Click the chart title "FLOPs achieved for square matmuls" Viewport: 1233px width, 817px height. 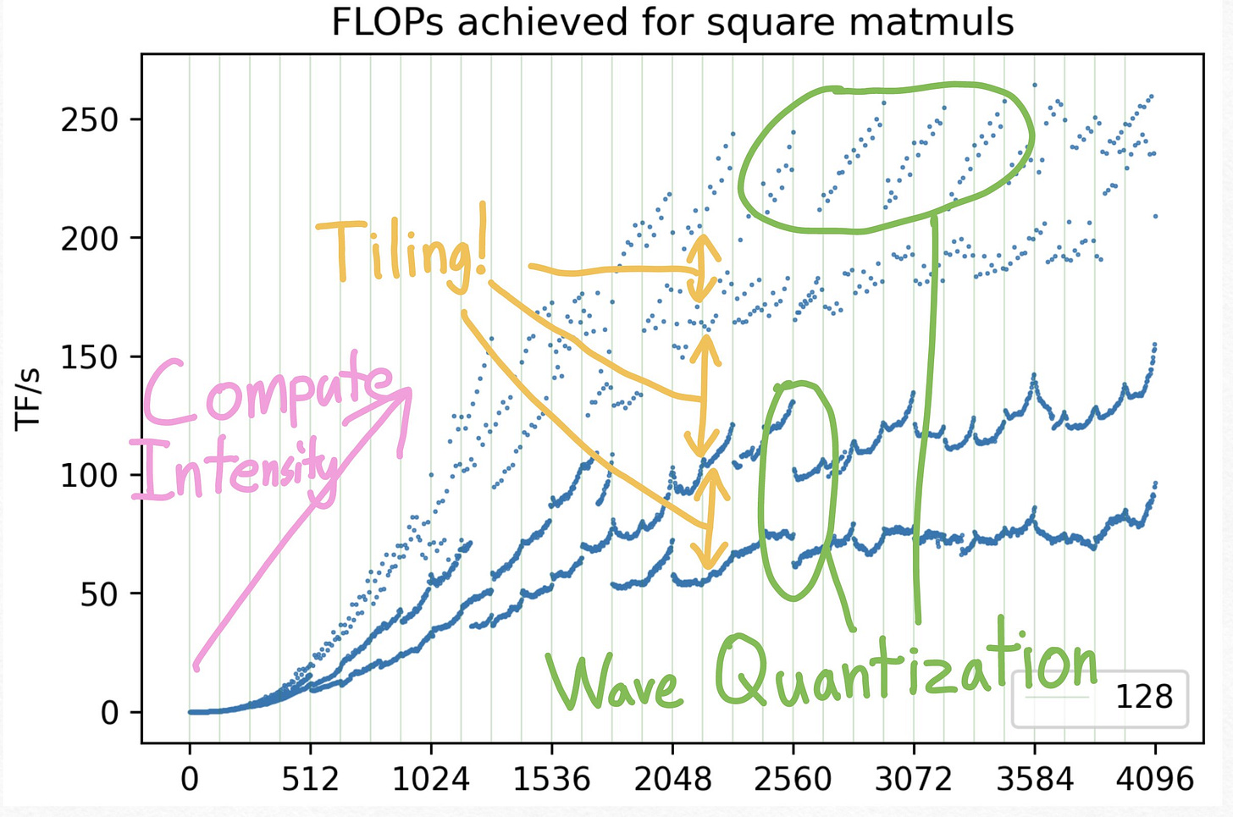click(x=672, y=23)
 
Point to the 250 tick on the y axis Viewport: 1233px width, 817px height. click(x=90, y=120)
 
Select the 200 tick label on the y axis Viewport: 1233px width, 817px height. click(x=90, y=239)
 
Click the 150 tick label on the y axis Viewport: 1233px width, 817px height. click(x=90, y=357)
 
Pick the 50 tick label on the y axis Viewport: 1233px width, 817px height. click(x=100, y=594)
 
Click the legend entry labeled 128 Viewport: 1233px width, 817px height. click(x=1143, y=698)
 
